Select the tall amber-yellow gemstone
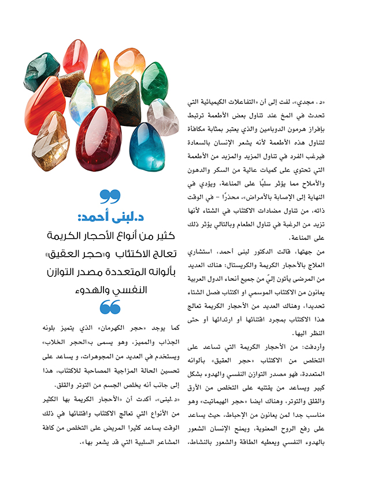[99, 71]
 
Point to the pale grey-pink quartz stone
[164, 116]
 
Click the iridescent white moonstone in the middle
[83, 102]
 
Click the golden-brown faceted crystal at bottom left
[51, 142]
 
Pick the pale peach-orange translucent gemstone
[129, 63]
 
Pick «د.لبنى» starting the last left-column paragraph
[162, 398]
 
